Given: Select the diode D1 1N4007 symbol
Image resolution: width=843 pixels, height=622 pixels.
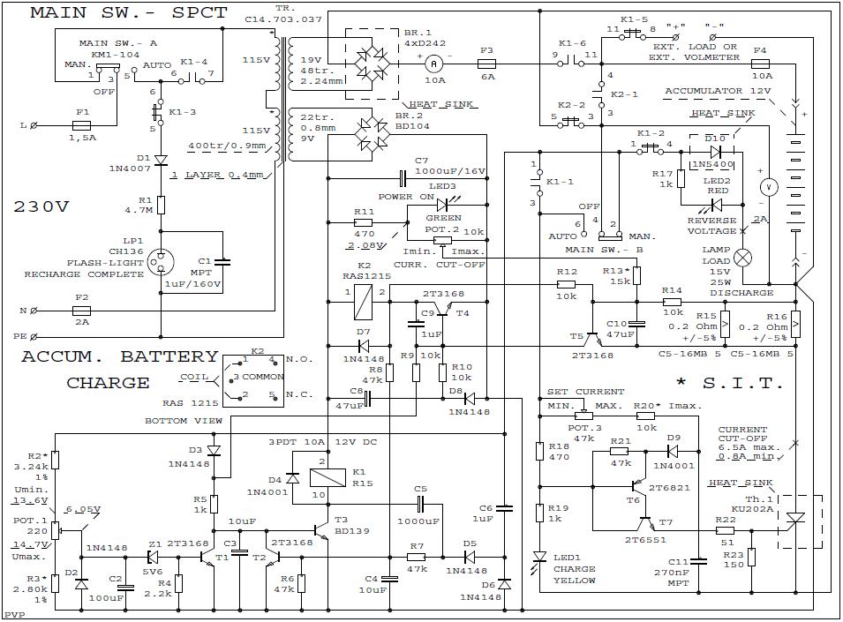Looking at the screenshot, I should (x=161, y=161).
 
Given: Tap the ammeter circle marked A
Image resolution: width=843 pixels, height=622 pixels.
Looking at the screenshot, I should (x=433, y=64).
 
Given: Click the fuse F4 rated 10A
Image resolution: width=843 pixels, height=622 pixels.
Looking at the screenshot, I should (x=760, y=64).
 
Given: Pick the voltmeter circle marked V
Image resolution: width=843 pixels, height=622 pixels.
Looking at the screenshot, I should (x=768, y=186).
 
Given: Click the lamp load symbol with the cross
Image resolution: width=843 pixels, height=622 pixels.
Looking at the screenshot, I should (x=744, y=257).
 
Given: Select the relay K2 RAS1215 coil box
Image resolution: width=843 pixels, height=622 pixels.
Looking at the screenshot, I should (x=361, y=303).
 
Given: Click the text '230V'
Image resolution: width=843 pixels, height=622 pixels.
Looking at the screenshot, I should (x=41, y=207).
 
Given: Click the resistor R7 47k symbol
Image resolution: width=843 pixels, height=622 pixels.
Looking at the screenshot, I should (x=417, y=557).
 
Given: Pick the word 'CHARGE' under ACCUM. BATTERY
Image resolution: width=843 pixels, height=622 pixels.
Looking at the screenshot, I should (x=108, y=383).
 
